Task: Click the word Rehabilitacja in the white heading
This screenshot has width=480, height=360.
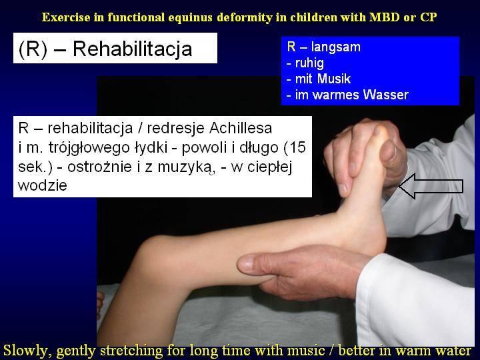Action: (x=132, y=49)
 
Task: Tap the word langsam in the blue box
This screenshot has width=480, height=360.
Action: (x=336, y=47)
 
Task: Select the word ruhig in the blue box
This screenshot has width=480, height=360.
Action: (x=309, y=63)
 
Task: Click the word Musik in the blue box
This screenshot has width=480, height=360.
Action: (x=334, y=79)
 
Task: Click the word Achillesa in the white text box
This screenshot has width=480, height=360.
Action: (x=241, y=128)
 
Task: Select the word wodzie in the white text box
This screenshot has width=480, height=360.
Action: (x=42, y=185)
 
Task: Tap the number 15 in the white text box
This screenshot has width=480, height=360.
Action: (x=297, y=147)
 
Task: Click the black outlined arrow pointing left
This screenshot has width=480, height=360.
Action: (x=431, y=186)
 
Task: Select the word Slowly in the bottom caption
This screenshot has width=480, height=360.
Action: (x=27, y=351)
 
